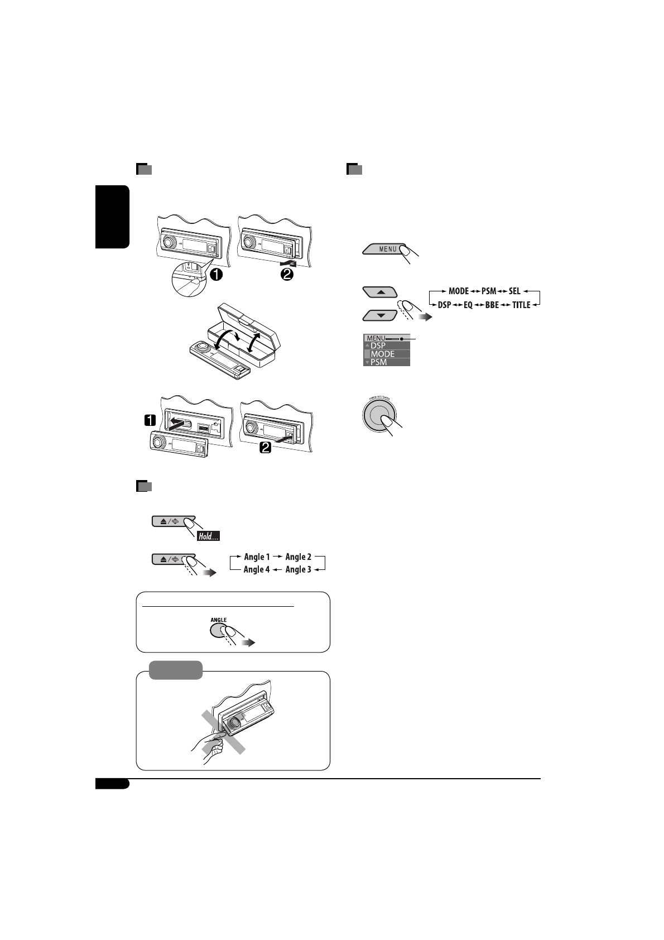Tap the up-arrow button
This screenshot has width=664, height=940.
point(379,291)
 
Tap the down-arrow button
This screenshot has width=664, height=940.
point(379,315)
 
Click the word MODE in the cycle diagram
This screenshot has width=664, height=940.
point(459,291)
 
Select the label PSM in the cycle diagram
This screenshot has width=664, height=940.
point(488,291)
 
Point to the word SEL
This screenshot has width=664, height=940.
point(514,291)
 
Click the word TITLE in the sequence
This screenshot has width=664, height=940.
point(521,305)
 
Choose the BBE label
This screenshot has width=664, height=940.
point(492,305)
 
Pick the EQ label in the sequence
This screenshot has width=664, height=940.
point(468,305)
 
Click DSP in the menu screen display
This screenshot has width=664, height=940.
point(378,346)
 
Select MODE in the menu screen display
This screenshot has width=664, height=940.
point(383,354)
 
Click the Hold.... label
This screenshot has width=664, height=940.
point(208,536)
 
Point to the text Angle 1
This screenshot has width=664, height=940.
point(257,557)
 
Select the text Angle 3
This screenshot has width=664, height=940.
point(299,569)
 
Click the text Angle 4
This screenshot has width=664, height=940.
point(257,569)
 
